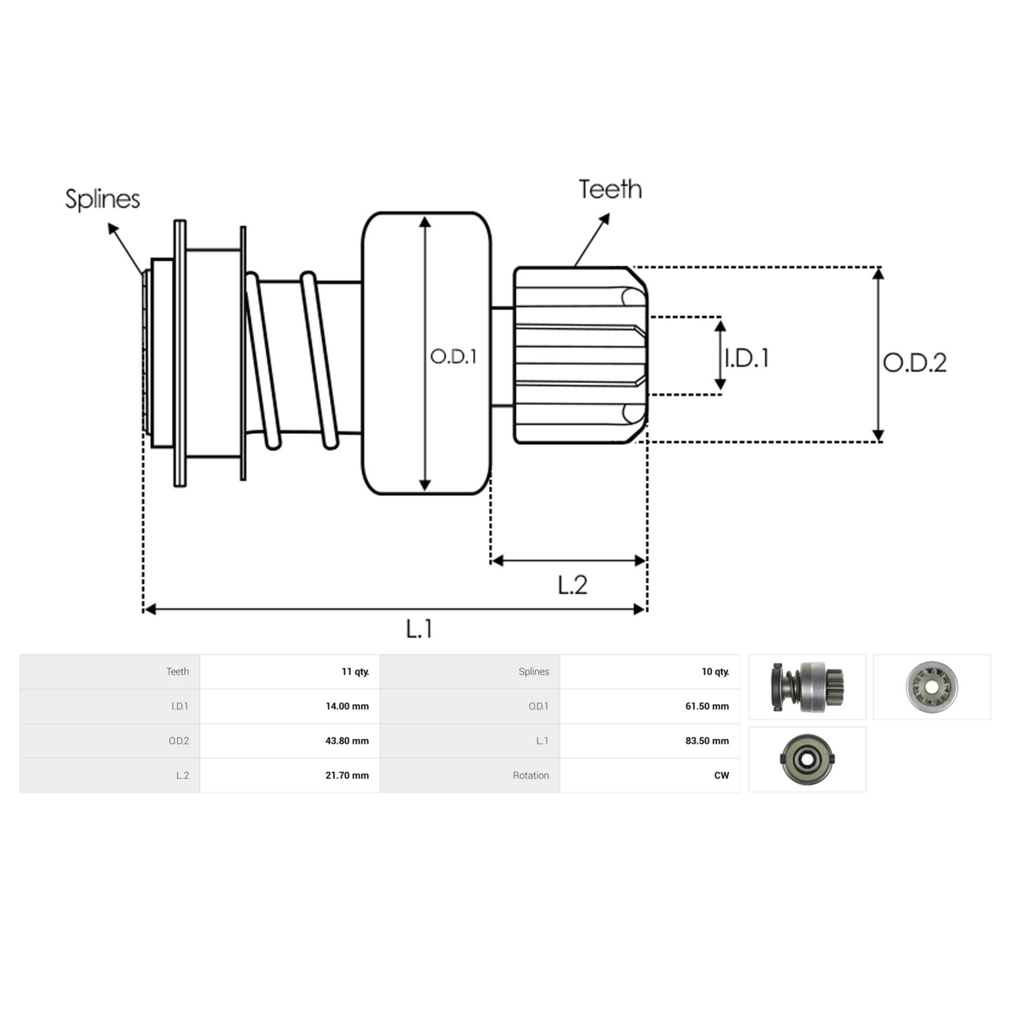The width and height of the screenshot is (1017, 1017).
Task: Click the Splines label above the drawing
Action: point(103,199)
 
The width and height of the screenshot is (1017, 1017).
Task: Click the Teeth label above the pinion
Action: point(610,190)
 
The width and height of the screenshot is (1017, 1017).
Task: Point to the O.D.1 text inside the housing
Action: point(453,357)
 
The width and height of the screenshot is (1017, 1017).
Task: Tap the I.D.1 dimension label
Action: point(747,358)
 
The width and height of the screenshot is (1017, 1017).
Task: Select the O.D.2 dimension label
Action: point(914,363)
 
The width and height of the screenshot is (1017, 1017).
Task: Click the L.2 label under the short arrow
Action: point(573,585)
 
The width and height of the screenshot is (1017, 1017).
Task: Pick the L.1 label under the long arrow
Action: point(419,629)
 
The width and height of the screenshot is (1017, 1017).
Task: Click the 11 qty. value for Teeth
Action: point(355,672)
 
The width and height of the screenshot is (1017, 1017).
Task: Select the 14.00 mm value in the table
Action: point(347,706)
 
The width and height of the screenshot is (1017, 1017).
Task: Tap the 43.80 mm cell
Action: point(347,741)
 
